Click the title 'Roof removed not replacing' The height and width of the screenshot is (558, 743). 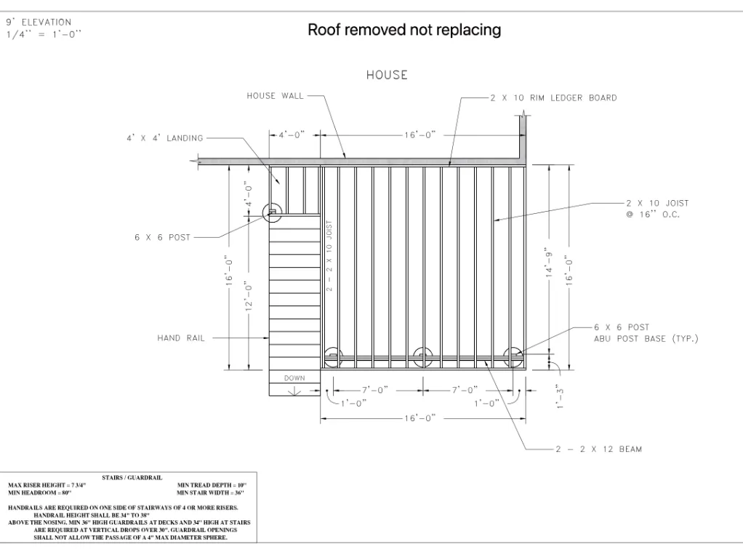[x=404, y=30]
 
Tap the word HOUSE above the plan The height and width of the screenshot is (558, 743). [x=387, y=75]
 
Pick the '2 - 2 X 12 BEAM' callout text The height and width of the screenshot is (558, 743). [x=598, y=449]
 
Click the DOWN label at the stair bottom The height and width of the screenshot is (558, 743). [x=294, y=378]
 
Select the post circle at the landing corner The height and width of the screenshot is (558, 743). [x=272, y=212]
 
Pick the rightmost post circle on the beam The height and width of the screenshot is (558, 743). [x=514, y=356]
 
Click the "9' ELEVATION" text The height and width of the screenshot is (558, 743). [x=39, y=23]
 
